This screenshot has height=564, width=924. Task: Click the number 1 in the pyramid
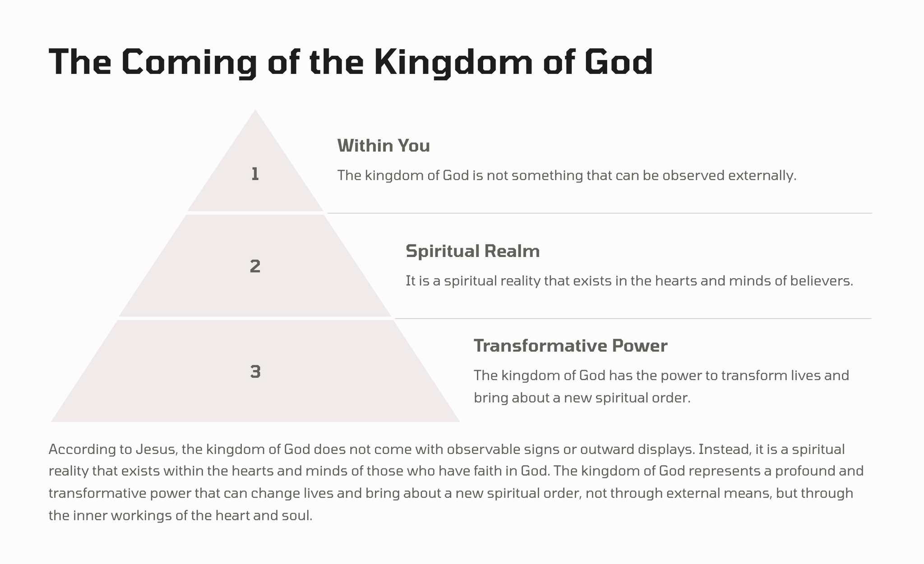[255, 174]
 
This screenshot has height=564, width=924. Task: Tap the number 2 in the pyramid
[255, 266]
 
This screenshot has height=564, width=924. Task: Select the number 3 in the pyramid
[255, 372]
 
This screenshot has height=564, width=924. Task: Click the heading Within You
[383, 146]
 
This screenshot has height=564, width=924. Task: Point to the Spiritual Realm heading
[473, 251]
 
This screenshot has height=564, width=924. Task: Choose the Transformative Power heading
[571, 346]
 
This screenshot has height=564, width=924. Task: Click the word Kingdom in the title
[453, 62]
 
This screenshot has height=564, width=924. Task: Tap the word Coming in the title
[189, 62]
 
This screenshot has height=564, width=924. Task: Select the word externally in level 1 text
[762, 175]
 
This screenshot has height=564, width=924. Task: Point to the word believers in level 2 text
[822, 281]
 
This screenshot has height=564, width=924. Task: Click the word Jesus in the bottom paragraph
[152, 449]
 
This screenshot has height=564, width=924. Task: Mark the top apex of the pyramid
[255, 110]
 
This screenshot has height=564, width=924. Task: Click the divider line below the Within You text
[600, 213]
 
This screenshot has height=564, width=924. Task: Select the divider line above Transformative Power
[633, 319]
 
